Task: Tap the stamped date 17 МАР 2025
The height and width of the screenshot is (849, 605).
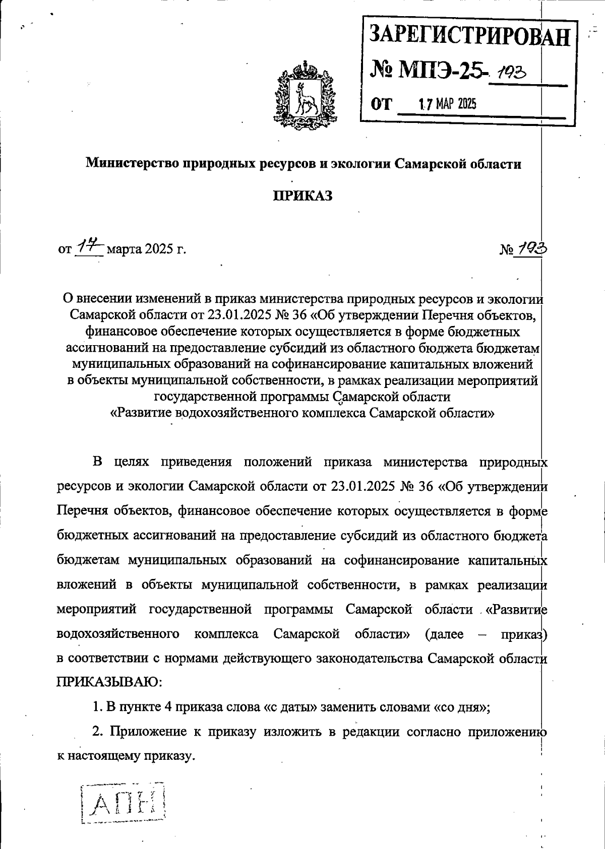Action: tap(448, 104)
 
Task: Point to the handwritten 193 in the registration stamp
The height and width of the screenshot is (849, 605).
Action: tap(510, 74)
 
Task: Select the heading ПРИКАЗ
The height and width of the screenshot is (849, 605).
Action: tap(302, 195)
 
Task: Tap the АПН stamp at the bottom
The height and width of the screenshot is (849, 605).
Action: tap(124, 802)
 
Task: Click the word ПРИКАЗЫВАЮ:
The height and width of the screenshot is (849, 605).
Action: tap(109, 682)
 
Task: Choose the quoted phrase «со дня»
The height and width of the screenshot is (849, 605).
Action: tap(462, 707)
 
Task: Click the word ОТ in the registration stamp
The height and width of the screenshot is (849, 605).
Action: tap(381, 104)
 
